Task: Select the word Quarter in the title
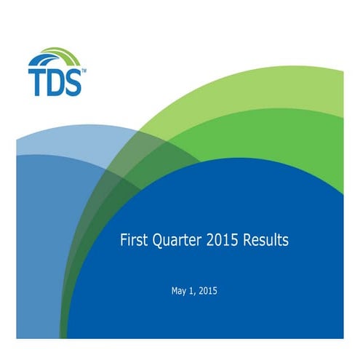tap(175, 241)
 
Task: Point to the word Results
tap(265, 240)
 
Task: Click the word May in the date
tap(179, 292)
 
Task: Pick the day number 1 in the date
tap(193, 291)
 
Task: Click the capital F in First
tap(123, 240)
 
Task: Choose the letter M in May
tap(175, 291)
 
